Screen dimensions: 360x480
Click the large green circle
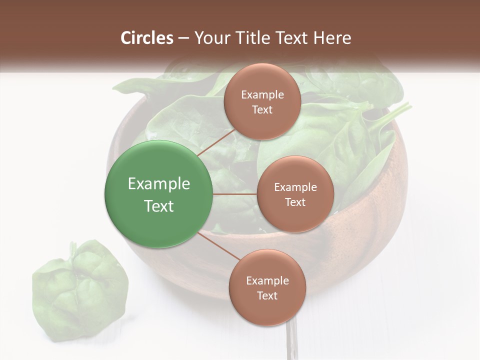[x=159, y=194]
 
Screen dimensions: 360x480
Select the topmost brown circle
[x=262, y=101]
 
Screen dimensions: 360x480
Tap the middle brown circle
[x=295, y=194]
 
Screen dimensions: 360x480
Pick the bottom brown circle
[x=267, y=287]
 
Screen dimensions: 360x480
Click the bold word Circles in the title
[x=147, y=38]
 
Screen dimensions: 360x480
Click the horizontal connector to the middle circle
[x=235, y=194]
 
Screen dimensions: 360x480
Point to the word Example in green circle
[x=159, y=184]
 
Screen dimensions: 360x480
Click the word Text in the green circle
[x=159, y=206]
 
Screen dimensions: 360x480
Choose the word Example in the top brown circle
[x=262, y=94]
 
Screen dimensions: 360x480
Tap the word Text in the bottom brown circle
[x=267, y=295]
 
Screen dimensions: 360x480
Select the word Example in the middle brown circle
[x=295, y=187]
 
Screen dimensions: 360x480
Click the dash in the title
[x=183, y=38]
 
